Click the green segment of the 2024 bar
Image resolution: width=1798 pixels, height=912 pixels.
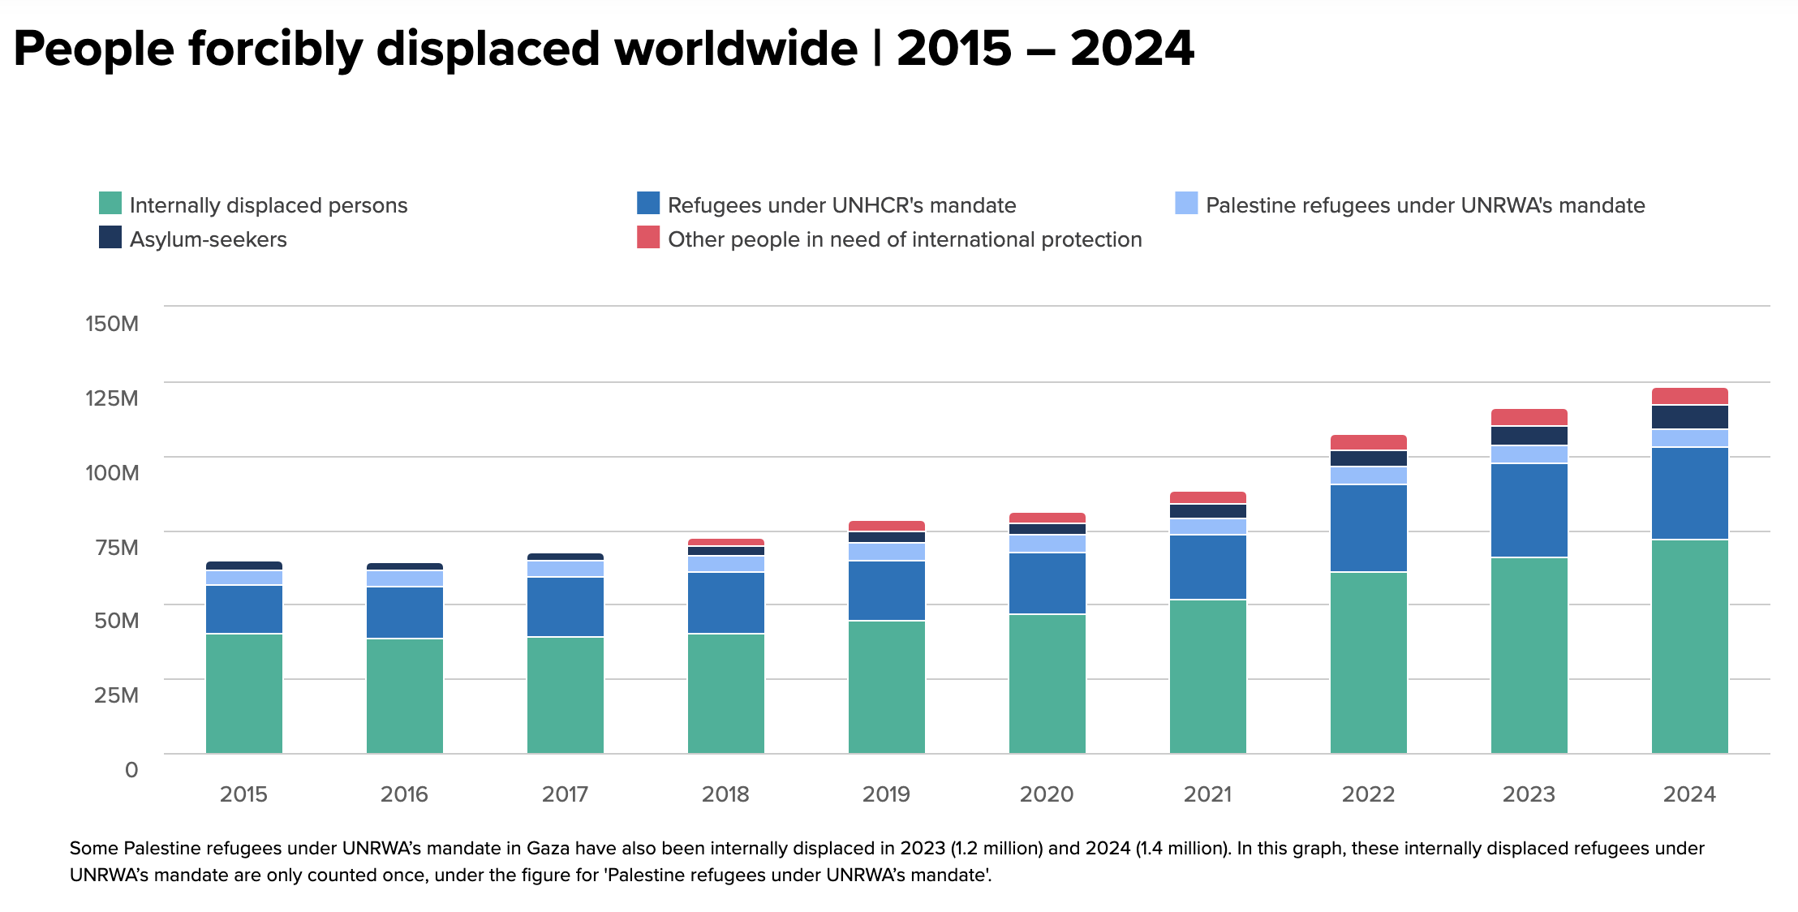tap(1689, 646)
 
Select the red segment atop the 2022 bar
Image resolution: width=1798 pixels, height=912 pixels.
tap(1368, 442)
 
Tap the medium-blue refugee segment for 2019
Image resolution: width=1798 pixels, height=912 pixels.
tap(886, 591)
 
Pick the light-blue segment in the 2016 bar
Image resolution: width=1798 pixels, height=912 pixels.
tap(404, 579)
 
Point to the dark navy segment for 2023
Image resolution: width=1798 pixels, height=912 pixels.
tap(1529, 436)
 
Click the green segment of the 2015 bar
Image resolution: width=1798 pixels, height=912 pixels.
tap(243, 693)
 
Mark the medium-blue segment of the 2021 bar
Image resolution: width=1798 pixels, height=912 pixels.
tap(1207, 567)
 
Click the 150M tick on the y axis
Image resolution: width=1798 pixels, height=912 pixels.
tap(112, 324)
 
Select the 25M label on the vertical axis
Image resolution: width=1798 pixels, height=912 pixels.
tap(116, 695)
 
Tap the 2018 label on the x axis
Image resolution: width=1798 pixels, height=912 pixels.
tap(725, 794)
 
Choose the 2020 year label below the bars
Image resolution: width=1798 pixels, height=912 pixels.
tap(1047, 794)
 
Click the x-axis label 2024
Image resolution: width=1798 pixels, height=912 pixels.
tap(1689, 794)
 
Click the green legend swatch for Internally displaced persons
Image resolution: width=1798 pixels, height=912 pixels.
tap(110, 203)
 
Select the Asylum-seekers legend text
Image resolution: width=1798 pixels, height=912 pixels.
tap(208, 239)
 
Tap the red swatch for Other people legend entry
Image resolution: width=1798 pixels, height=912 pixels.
tap(647, 237)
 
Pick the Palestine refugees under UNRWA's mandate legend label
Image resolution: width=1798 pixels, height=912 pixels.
tap(1425, 205)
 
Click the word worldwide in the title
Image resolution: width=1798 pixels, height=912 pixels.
tap(735, 49)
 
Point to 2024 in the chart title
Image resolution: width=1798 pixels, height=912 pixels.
tap(1132, 49)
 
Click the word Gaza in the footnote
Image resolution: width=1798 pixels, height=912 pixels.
tap(548, 849)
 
